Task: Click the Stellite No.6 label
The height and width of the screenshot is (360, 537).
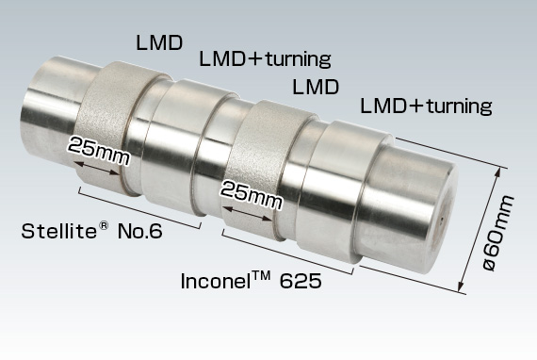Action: click(90, 231)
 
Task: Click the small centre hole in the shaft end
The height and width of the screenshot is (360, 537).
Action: click(442, 222)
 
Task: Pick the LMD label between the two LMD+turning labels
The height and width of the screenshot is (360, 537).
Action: click(317, 88)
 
